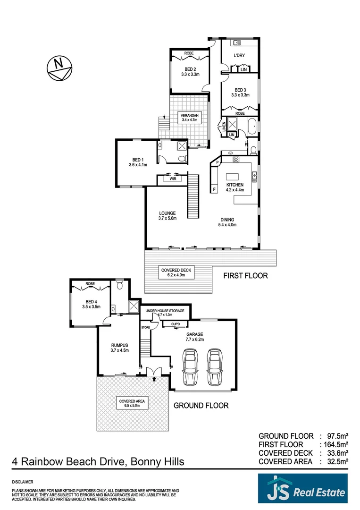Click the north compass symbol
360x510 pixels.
tap(59, 68)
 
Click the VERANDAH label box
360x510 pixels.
tap(190, 117)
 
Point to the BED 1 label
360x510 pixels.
tap(138, 162)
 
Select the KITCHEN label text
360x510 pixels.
tap(235, 185)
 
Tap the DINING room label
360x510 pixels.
tap(228, 222)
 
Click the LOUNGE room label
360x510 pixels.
tap(167, 215)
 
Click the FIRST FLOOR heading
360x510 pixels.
tap(245, 276)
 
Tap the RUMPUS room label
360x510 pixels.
tap(119, 348)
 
